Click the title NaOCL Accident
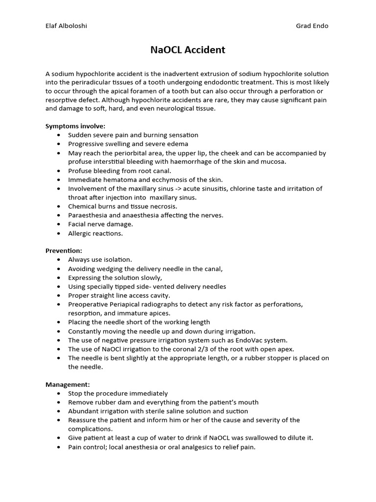pos(188,50)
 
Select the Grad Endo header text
pos(312,26)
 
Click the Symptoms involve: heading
pos(75,126)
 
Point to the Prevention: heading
pos(64,251)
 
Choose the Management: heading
pos(68,384)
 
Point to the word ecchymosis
pos(168,180)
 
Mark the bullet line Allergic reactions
pos(95,233)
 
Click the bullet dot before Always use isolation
pos(59,260)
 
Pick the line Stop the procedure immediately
pos(117,393)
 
